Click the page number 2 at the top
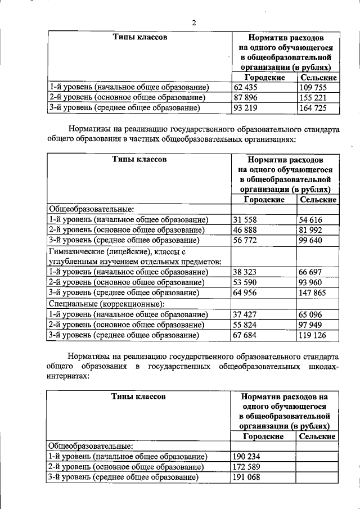pos(193,22)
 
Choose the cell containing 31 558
pos(245,220)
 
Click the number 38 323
pos(245,272)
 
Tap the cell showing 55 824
pos(245,325)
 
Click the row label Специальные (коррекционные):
pos(106,304)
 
